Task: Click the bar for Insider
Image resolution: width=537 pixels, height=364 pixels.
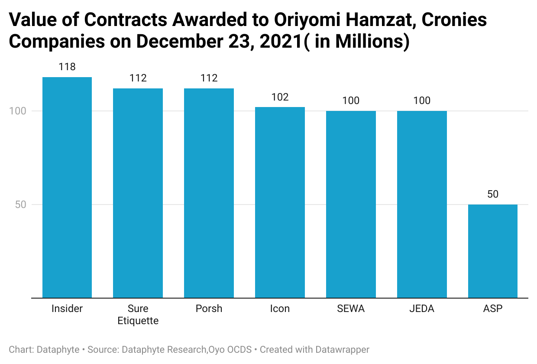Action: [67, 187]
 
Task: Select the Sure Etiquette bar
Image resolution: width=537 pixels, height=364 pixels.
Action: [138, 193]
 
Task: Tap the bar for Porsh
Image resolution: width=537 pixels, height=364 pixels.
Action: [209, 193]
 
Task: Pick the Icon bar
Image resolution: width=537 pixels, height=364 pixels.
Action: [280, 202]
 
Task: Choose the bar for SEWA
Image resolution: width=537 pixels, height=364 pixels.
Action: [351, 204]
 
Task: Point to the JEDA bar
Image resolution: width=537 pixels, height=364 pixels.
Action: [422, 204]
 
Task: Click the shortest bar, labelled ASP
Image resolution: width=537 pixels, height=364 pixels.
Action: [493, 251]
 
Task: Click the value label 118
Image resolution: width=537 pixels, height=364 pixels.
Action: [67, 67]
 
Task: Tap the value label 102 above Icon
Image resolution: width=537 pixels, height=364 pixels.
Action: [280, 97]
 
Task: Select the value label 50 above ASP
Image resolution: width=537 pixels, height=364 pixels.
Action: [493, 194]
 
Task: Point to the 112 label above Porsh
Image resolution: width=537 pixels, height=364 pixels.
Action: [209, 78]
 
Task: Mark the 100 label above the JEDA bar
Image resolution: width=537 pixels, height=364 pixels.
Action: [422, 101]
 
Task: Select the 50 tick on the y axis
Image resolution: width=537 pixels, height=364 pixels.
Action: [21, 205]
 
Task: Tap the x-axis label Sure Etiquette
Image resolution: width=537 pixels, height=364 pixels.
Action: [138, 315]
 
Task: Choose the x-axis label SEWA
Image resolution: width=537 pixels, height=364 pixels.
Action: [351, 309]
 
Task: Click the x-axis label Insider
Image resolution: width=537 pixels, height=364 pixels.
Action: [67, 309]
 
